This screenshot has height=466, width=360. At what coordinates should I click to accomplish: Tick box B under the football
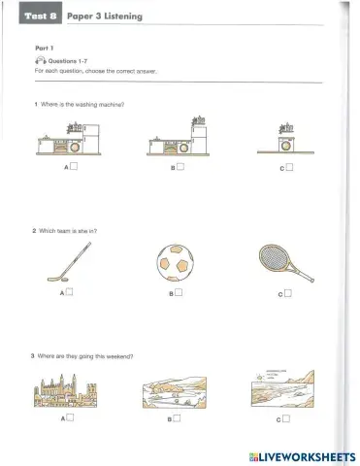click(180, 291)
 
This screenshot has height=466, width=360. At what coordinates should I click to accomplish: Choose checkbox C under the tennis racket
click(288, 291)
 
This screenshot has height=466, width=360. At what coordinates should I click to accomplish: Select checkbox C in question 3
click(288, 418)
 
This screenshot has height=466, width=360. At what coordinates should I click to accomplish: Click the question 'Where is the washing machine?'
click(83, 103)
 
